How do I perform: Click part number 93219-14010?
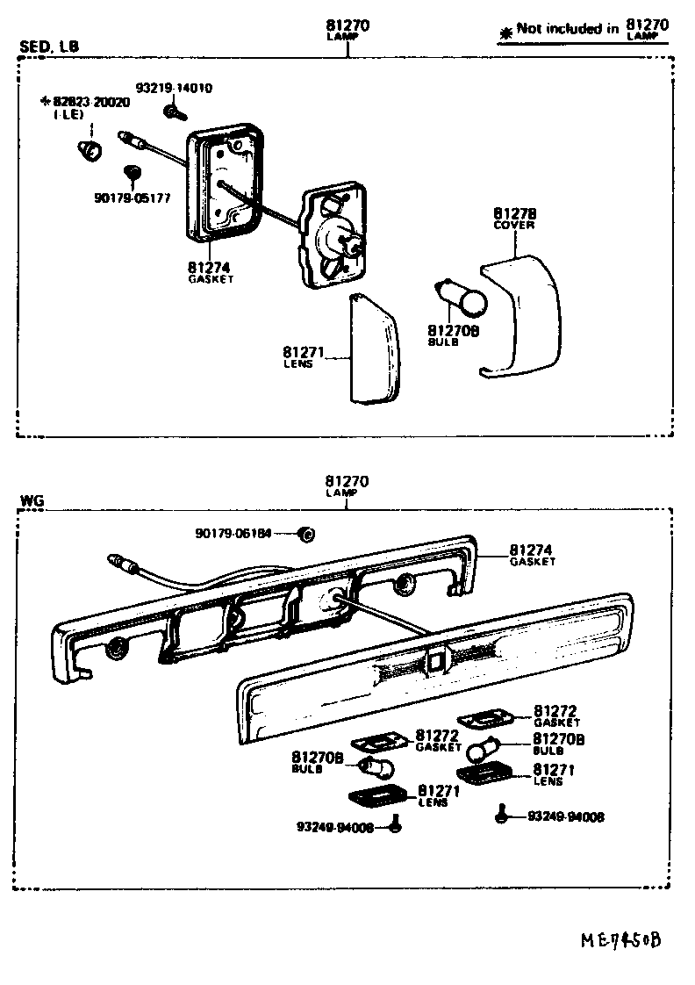click(x=174, y=89)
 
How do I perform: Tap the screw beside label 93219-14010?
click(x=172, y=111)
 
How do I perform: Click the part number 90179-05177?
click(x=132, y=198)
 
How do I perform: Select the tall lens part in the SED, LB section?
click(x=373, y=349)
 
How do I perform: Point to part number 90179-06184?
click(x=234, y=533)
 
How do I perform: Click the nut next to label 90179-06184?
click(x=306, y=534)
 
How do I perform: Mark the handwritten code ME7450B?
click(x=620, y=940)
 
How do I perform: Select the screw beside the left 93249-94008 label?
click(x=395, y=824)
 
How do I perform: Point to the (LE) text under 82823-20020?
click(x=66, y=115)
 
